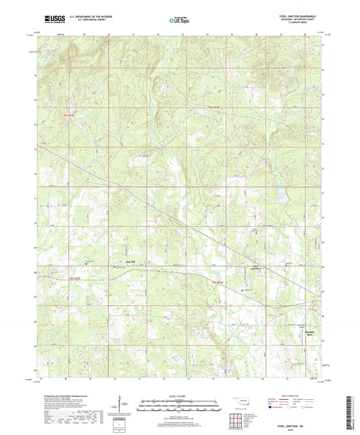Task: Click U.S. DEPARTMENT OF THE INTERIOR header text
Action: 86,18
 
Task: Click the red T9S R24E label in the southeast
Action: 215,282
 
